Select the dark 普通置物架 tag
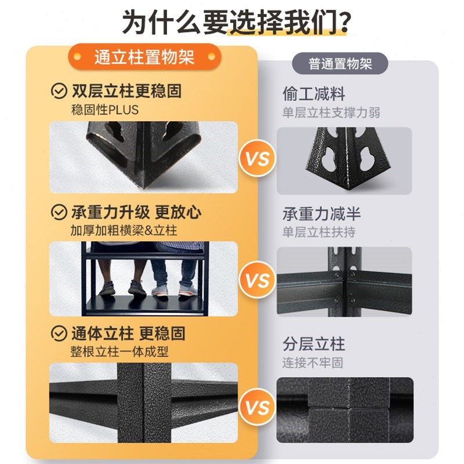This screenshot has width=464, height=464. tap(340, 63)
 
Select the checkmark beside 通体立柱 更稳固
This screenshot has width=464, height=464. tap(59, 333)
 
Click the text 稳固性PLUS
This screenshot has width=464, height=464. tap(104, 109)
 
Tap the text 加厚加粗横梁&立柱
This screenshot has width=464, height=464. tap(124, 230)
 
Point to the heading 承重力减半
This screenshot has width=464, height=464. tap(321, 213)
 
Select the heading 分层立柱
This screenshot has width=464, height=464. tap(314, 345)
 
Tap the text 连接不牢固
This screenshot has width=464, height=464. tap(313, 363)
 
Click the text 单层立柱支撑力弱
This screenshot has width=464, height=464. tap(331, 113)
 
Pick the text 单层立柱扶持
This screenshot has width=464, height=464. tap(319, 232)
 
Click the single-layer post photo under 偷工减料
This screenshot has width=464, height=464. tap(344, 161)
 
